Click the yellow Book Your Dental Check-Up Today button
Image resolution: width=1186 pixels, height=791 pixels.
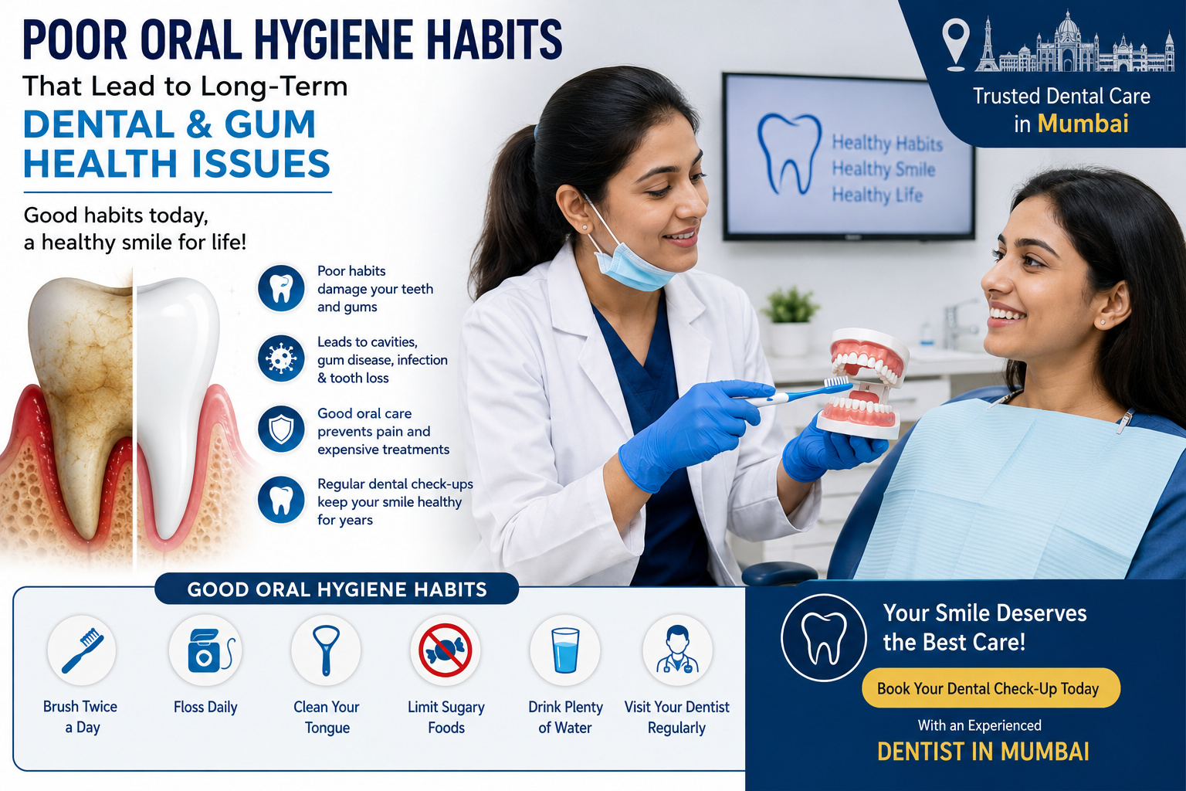[991, 687]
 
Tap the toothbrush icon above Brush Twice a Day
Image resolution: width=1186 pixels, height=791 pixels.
[82, 650]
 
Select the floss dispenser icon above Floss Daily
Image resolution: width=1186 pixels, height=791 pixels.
[206, 650]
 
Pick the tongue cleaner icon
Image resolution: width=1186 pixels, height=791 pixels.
[326, 650]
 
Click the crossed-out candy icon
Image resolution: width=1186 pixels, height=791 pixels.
[446, 650]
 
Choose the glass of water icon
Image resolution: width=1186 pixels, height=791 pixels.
[565, 650]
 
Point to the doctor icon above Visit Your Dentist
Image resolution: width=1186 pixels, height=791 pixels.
[677, 650]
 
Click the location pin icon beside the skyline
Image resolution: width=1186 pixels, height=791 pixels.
[956, 45]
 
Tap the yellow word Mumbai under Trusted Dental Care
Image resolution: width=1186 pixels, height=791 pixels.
[1083, 124]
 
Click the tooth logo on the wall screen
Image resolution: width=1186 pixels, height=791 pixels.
[789, 154]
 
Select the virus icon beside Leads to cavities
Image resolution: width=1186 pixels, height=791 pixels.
[281, 358]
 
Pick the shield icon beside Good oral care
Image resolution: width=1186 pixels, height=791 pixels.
[281, 429]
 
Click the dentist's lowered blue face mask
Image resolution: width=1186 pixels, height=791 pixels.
[632, 265]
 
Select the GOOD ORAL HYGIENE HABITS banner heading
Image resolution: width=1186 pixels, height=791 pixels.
[337, 589]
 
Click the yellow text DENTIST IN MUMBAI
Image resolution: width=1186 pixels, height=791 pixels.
[983, 752]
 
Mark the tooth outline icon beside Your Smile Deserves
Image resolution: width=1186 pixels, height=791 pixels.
[823, 637]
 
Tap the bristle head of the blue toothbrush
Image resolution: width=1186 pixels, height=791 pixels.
[837, 381]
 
